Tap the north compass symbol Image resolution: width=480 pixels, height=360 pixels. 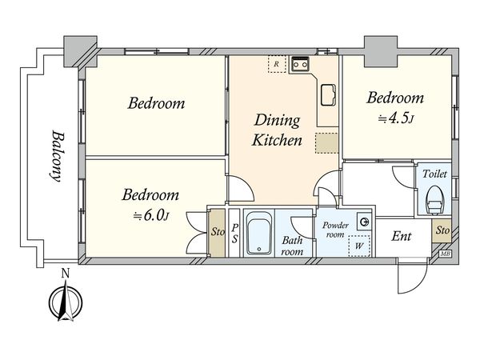(66, 301)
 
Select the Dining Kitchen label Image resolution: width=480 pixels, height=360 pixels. (277, 130)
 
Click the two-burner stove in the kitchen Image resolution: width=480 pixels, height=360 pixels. (300, 64)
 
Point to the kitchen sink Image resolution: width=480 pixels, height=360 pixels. (328, 95)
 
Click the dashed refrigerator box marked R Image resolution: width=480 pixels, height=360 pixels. (277, 64)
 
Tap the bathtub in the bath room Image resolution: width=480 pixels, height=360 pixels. (259, 233)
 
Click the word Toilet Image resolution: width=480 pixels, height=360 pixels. (434, 174)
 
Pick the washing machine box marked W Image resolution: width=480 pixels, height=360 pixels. (359, 246)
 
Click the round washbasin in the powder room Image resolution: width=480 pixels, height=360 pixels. (364, 222)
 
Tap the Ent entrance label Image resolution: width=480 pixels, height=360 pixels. (402, 236)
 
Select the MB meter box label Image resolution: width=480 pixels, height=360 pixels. (443, 254)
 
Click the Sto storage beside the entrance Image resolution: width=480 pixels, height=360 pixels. (442, 230)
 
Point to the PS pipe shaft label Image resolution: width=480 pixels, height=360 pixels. (234, 234)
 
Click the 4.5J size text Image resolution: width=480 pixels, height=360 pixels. (396, 118)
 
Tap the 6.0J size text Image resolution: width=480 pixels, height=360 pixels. (150, 215)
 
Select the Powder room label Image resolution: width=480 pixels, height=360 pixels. (335, 230)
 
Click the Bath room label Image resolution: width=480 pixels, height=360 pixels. (292, 246)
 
